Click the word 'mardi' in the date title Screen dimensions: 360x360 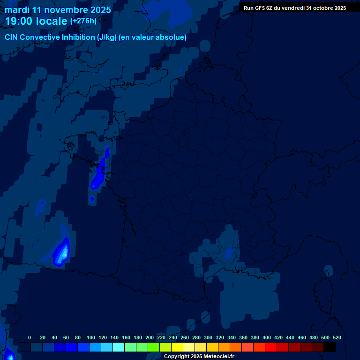click(x=19, y=10)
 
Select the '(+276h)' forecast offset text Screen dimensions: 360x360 click(x=83, y=21)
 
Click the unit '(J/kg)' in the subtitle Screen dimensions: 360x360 click(x=107, y=37)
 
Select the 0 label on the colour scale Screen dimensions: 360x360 click(x=30, y=337)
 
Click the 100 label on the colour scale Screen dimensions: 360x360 click(x=91, y=337)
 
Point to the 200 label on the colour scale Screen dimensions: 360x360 click(x=150, y=337)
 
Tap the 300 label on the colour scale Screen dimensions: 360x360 click(x=208, y=337)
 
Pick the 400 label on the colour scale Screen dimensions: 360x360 click(x=267, y=337)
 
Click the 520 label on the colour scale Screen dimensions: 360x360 click(x=337, y=337)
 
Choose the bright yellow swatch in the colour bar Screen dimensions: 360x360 click(x=177, y=347)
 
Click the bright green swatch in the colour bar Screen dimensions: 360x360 click(x=154, y=347)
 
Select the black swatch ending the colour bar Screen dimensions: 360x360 click(x=330, y=347)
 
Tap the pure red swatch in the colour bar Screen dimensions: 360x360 click(x=271, y=347)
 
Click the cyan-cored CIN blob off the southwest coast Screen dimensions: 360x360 click(x=62, y=252)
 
